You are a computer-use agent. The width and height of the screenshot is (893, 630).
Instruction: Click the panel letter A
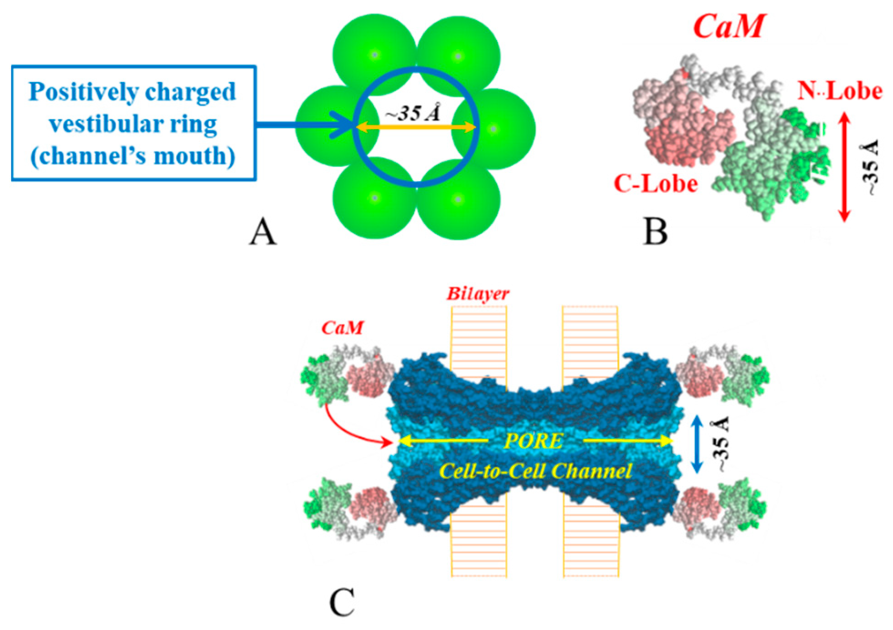click(263, 231)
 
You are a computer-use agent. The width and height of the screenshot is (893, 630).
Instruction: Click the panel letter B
click(655, 231)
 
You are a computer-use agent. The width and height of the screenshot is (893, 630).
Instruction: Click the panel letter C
click(342, 602)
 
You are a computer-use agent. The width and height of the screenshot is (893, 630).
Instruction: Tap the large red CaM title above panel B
click(728, 26)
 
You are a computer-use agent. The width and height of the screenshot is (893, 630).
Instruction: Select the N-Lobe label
click(839, 91)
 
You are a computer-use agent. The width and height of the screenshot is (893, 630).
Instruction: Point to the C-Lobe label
click(656, 184)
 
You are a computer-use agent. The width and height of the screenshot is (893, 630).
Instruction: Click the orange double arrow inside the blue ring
click(416, 128)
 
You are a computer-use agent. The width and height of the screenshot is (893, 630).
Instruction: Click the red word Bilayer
click(477, 294)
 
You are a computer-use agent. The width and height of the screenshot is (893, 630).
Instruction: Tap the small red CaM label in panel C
click(342, 328)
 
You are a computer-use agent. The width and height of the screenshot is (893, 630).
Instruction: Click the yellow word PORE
click(534, 441)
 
